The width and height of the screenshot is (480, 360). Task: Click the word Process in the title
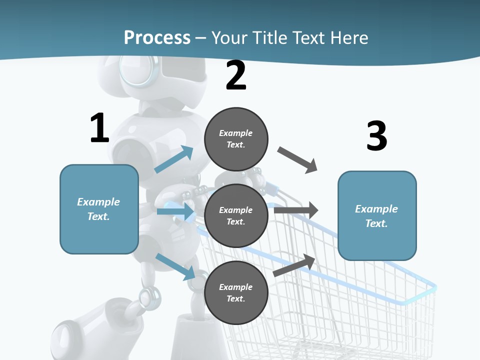pyautogui.click(x=157, y=37)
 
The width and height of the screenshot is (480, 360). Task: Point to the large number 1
pyautogui.click(x=99, y=128)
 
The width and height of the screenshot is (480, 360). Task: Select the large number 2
pyautogui.click(x=236, y=76)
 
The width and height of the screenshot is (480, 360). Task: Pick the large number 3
pyautogui.click(x=376, y=136)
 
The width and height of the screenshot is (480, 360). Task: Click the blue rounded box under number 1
pyautogui.click(x=99, y=209)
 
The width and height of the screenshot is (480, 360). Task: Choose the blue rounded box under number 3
pyautogui.click(x=377, y=216)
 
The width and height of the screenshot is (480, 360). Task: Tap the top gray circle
pyautogui.click(x=236, y=139)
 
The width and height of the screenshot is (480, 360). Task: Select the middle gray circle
pyautogui.click(x=236, y=215)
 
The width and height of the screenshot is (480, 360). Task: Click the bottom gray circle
pyautogui.click(x=236, y=292)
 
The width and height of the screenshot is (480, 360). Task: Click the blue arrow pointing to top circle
pyautogui.click(x=174, y=159)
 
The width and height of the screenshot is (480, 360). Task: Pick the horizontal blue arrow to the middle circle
pyautogui.click(x=175, y=211)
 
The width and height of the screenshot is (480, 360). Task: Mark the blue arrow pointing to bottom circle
pyautogui.click(x=175, y=266)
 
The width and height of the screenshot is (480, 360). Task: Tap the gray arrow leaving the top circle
pyautogui.click(x=297, y=160)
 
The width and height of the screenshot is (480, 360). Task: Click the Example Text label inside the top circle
pyautogui.click(x=236, y=139)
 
